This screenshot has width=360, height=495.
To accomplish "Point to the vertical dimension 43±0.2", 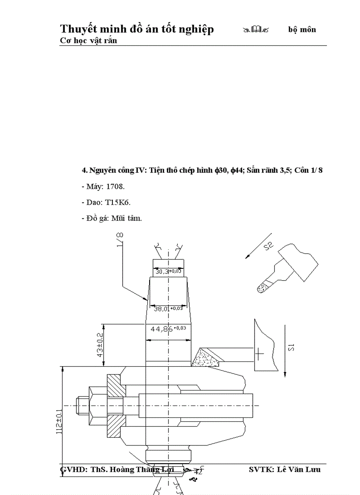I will [100, 345].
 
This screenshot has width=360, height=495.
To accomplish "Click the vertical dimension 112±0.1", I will [59, 415].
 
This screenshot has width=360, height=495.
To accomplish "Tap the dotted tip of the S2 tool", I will [263, 287].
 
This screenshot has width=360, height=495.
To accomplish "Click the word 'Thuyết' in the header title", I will [78, 29].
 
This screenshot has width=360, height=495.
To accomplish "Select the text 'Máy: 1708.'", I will [100, 186].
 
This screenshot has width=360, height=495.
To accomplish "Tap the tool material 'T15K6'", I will [118, 202].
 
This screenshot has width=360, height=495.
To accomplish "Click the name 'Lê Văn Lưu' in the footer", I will [299, 469].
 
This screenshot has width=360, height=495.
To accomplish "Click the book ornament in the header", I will [256, 30].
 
